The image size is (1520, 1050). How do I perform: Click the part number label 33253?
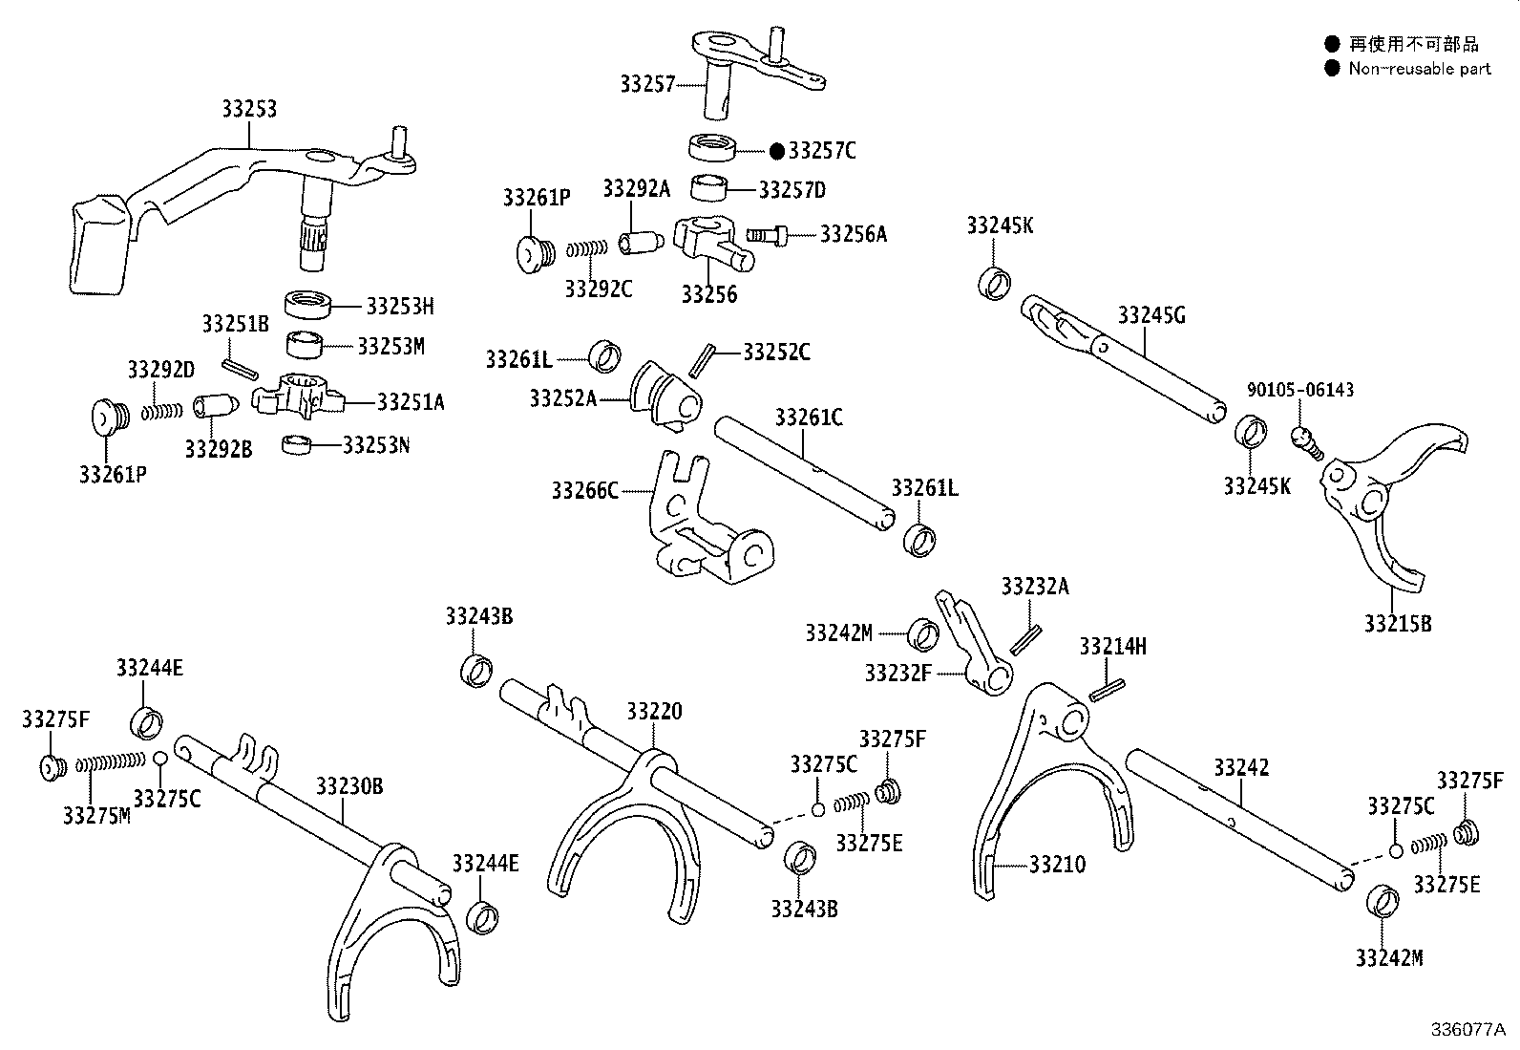tap(249, 109)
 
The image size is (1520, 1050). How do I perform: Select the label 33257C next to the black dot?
tap(822, 151)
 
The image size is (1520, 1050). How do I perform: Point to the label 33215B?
tap(1398, 624)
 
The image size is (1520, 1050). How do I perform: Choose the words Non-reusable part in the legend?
tap(1420, 69)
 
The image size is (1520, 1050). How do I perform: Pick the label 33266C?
tap(585, 491)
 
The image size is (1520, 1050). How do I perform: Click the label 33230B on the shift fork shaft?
tap(349, 786)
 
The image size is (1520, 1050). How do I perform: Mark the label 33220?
tap(655, 712)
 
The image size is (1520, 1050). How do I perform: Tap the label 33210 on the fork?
tap(1057, 865)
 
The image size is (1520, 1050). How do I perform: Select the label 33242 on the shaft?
tap(1241, 767)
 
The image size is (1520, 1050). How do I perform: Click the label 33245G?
tap(1151, 315)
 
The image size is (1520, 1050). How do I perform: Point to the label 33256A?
tap(854, 234)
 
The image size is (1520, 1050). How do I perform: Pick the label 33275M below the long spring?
tap(96, 815)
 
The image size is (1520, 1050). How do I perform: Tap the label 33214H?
tap(1113, 647)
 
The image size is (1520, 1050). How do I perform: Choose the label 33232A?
tap(1035, 587)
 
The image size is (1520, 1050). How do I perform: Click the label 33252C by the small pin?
tap(776, 353)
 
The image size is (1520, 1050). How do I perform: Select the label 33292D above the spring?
tap(161, 369)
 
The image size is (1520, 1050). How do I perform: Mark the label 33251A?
tap(411, 402)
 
